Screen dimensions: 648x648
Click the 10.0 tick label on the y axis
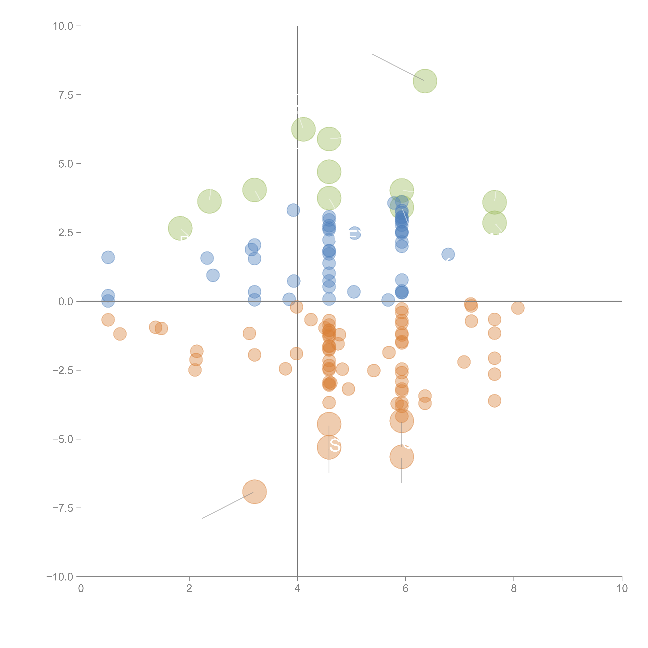pos(63,26)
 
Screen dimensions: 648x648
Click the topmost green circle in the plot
pos(425,81)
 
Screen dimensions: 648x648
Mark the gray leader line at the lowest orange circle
pos(227,505)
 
